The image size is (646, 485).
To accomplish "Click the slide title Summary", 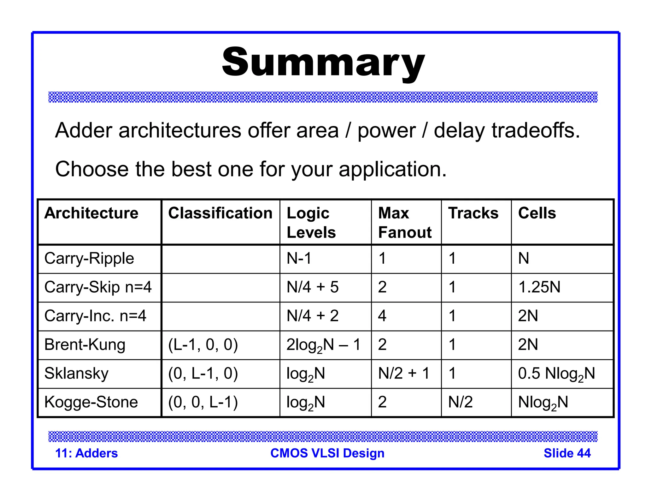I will (x=323, y=62).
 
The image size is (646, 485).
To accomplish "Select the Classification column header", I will (x=220, y=213).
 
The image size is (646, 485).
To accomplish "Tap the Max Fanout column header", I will (x=405, y=223).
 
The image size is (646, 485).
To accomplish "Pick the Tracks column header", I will (x=473, y=213).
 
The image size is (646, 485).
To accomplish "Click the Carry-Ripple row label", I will (x=89, y=259).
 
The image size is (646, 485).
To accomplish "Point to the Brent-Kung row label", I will (x=85, y=345).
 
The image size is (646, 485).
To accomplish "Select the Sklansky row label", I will (x=76, y=374).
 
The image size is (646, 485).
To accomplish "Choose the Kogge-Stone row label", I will (x=91, y=402).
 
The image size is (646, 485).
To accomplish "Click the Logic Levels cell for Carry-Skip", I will (x=313, y=287).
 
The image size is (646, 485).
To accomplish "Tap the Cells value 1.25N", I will (x=539, y=287).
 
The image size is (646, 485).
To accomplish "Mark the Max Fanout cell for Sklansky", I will (x=404, y=374).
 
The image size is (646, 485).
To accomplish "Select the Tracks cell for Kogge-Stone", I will (x=461, y=402).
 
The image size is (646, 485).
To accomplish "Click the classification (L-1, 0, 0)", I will (x=203, y=345).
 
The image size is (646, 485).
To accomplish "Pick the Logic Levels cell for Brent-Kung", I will (x=323, y=345).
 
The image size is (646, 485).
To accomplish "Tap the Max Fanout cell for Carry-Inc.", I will (x=382, y=316).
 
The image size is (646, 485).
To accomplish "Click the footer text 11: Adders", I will (x=86, y=453).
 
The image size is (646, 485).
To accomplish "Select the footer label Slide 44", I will (x=567, y=453).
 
